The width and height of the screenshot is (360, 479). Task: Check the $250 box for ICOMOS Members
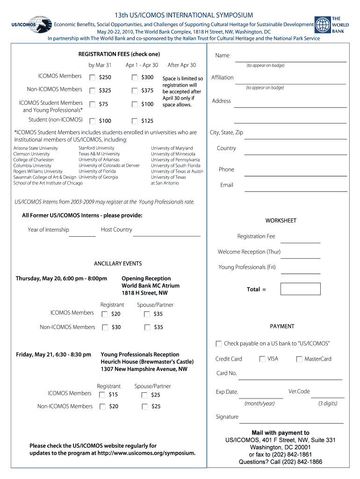pyautogui.click(x=93, y=77)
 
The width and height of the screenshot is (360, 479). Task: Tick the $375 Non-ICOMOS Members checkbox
pyautogui.click(x=135, y=91)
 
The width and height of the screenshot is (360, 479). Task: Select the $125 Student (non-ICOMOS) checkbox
pyautogui.click(x=135, y=121)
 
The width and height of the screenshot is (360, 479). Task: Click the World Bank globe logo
pyautogui.click(x=323, y=25)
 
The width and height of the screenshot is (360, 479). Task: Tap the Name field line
pyautogui.click(x=290, y=60)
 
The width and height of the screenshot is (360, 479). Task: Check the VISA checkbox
pyautogui.click(x=262, y=359)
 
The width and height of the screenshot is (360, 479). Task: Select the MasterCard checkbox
pyautogui.click(x=299, y=359)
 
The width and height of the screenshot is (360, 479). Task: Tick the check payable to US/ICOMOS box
pyautogui.click(x=219, y=344)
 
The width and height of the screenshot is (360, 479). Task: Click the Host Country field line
pyautogui.click(x=166, y=235)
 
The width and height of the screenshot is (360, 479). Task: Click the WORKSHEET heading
pyautogui.click(x=281, y=221)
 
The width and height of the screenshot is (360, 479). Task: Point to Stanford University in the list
pyautogui.click(x=96, y=148)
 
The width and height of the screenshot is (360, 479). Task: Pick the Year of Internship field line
pyautogui.click(x=82, y=235)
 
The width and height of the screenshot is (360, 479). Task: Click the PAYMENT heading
pyautogui.click(x=282, y=327)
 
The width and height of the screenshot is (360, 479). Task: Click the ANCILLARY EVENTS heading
pyautogui.click(x=118, y=264)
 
